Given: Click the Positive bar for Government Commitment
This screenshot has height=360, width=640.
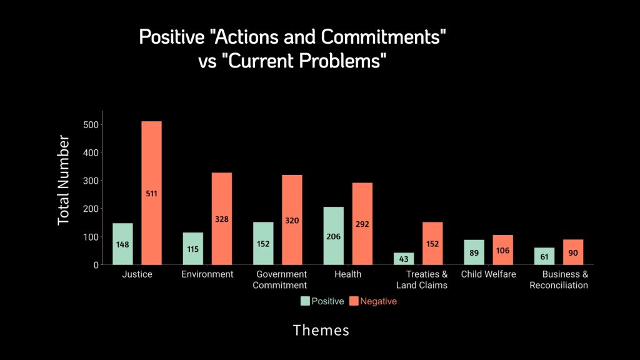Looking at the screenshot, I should tap(263, 243).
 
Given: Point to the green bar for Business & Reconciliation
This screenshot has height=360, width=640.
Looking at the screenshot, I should tap(544, 256).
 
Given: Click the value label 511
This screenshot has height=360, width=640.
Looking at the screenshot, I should tap(151, 194).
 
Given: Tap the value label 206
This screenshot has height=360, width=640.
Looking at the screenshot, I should tap(334, 237).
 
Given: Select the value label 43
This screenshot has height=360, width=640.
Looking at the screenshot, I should tap(404, 258).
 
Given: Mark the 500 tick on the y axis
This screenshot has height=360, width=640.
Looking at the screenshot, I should tap(91, 124).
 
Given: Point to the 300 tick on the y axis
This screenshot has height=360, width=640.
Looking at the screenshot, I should tap(91, 181).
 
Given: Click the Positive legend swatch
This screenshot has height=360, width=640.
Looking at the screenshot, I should tap(306, 301).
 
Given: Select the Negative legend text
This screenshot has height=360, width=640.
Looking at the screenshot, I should tap(378, 301).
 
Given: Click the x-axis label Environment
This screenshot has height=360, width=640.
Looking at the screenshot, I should tap(207, 274).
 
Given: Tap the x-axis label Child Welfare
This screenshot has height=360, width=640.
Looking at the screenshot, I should tap(488, 274).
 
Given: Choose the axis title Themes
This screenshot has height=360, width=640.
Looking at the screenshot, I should tap(321, 330).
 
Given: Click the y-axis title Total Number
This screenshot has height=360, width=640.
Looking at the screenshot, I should tap(64, 180).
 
